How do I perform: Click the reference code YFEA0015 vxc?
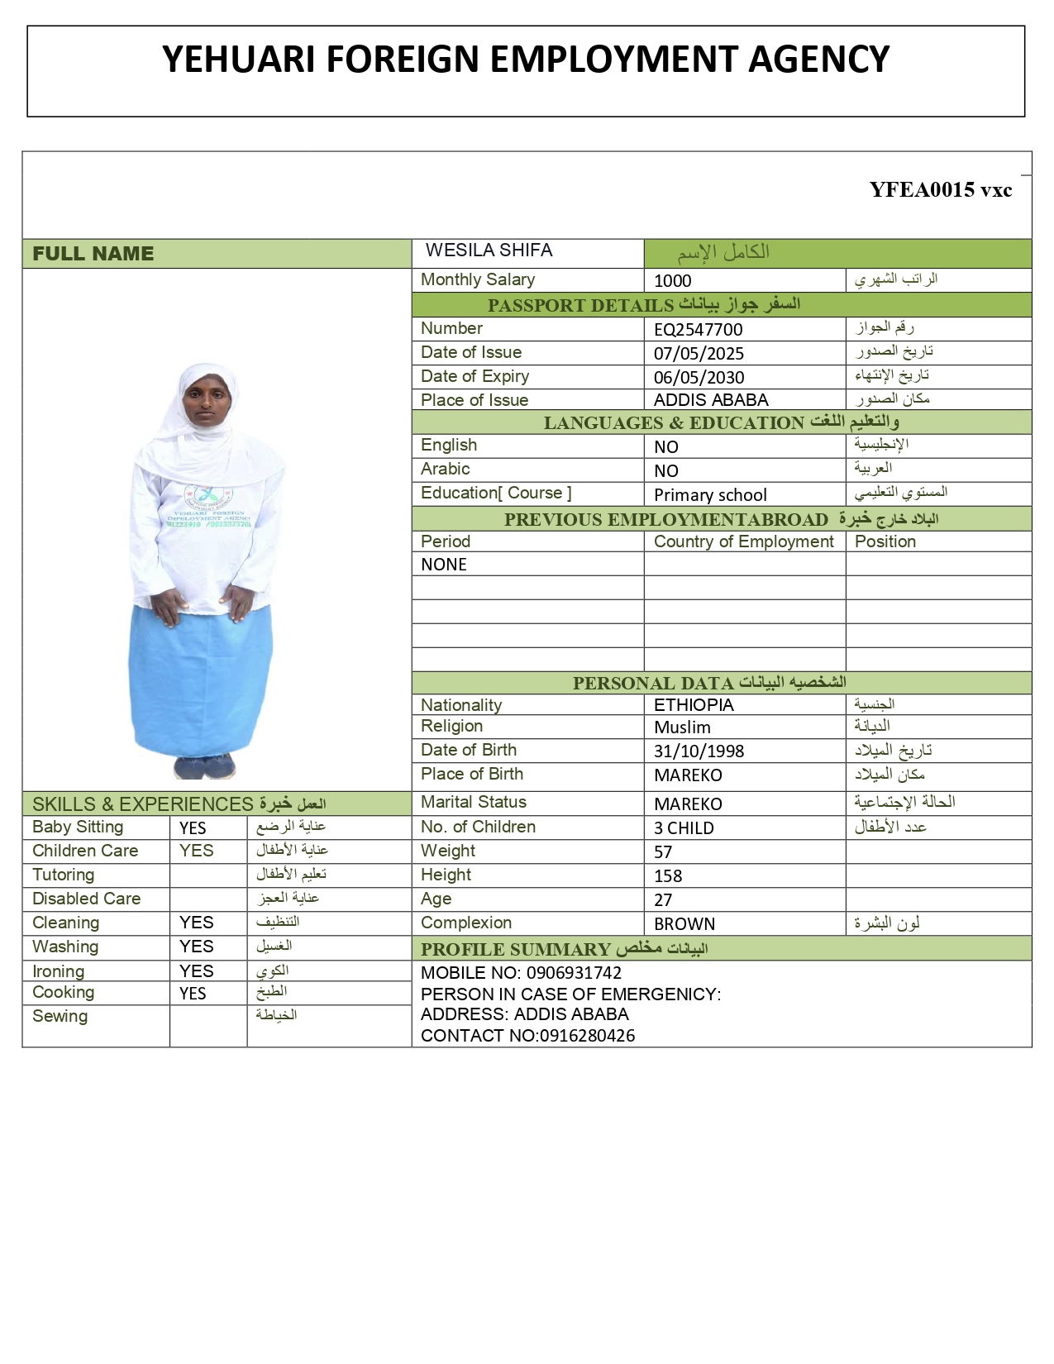[x=940, y=189]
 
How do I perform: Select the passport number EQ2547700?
[x=698, y=330]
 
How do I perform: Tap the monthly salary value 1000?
[x=672, y=281]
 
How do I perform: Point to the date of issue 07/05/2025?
[x=699, y=354]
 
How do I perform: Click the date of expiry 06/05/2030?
[x=699, y=378]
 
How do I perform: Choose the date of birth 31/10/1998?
[x=699, y=751]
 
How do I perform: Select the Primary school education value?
[x=710, y=495]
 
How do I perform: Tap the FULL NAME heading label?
[x=93, y=254]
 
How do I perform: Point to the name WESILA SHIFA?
[x=489, y=250]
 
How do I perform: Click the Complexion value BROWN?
[x=684, y=924]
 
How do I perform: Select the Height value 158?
[x=668, y=876]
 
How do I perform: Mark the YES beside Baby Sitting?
[x=193, y=828]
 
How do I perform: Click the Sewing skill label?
[x=60, y=1017]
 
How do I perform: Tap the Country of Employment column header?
[x=744, y=542]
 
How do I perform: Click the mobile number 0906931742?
[x=574, y=974]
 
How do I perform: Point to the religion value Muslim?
[x=682, y=727]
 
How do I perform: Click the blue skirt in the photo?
[x=200, y=678]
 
